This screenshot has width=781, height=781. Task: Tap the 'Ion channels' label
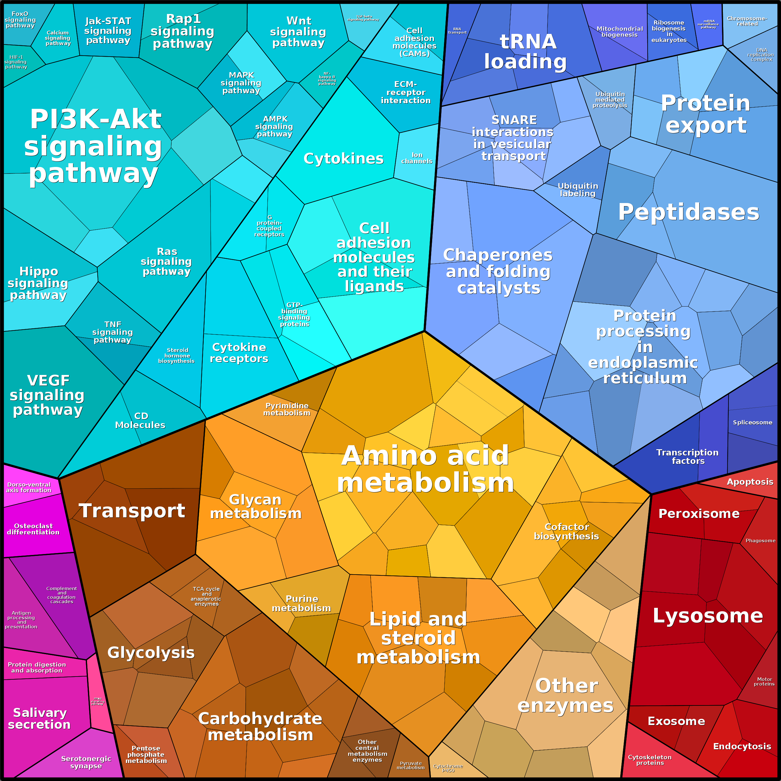tap(417, 158)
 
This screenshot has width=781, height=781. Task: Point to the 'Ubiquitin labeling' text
tap(578, 190)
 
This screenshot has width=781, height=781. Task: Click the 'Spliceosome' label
tap(752, 423)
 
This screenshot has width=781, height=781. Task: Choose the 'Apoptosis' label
tap(750, 482)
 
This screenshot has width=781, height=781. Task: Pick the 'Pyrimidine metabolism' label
tap(287, 409)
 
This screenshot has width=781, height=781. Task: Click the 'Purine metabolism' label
tap(302, 603)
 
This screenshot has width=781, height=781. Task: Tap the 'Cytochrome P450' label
tap(448, 768)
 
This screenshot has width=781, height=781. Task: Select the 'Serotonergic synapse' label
tap(86, 762)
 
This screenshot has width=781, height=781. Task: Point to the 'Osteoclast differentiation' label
tap(33, 529)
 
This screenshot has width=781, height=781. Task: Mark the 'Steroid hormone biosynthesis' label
tap(177, 355)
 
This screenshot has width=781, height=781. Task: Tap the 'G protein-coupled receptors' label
tap(269, 226)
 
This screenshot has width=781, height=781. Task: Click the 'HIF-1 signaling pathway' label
tap(16, 62)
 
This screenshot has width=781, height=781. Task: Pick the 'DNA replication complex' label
tap(761, 55)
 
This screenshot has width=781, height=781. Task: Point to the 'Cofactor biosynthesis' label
tap(566, 531)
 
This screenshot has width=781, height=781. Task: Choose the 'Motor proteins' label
tap(764, 682)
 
